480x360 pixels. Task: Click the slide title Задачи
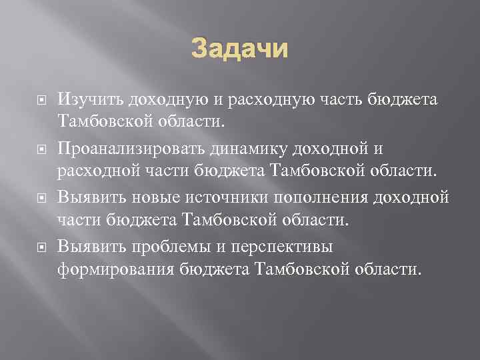pos(240,49)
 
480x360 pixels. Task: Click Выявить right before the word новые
pos(87,197)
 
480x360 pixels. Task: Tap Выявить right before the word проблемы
pos(87,246)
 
